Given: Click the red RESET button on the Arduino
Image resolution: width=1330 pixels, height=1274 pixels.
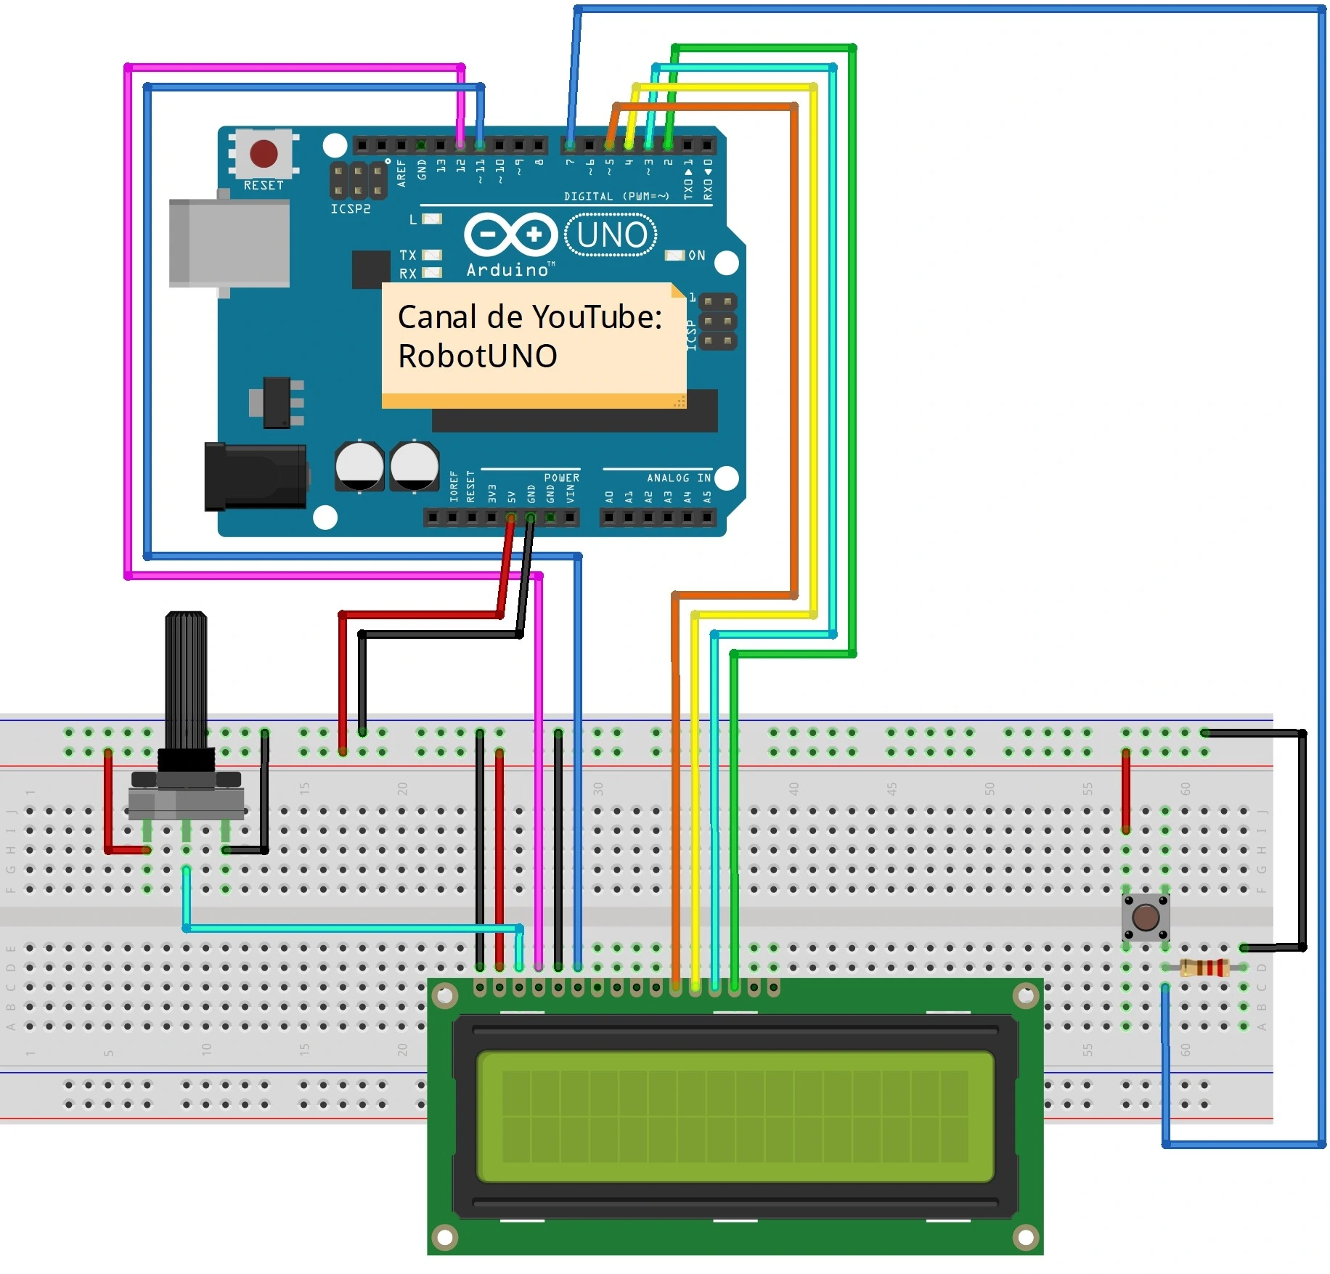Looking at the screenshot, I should point(263,153).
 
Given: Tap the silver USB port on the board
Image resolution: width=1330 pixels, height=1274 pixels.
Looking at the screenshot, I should point(229,242).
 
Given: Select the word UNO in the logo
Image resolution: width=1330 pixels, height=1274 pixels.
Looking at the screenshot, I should point(611,235).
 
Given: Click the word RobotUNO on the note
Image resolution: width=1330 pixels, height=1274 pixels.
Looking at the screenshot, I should point(477,356).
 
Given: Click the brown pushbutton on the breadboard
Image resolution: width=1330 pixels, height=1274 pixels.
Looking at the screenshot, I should point(1145,917).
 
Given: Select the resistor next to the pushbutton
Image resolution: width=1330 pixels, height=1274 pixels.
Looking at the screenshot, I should point(1204,968).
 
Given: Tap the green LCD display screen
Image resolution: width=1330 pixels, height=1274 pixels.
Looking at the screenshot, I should point(734,1116).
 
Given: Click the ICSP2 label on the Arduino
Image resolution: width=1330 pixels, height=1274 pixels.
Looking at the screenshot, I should point(351,209).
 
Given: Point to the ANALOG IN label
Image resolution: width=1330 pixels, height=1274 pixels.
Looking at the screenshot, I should point(678,478).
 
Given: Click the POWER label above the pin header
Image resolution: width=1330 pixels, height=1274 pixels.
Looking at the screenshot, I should point(561,478).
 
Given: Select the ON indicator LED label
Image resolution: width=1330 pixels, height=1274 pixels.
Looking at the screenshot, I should point(696,256).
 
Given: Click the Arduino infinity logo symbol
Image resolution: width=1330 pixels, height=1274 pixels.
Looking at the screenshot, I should point(510,234).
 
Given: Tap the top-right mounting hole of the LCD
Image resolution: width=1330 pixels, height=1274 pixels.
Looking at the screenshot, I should point(1025,996).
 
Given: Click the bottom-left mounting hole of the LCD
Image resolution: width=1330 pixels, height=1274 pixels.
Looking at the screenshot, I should point(444,1236).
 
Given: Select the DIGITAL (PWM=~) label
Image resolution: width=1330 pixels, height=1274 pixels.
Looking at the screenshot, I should point(616,196).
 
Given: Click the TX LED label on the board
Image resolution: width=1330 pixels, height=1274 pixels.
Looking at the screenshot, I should point(408,256).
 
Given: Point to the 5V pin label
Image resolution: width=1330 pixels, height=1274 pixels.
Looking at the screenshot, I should point(511,497).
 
